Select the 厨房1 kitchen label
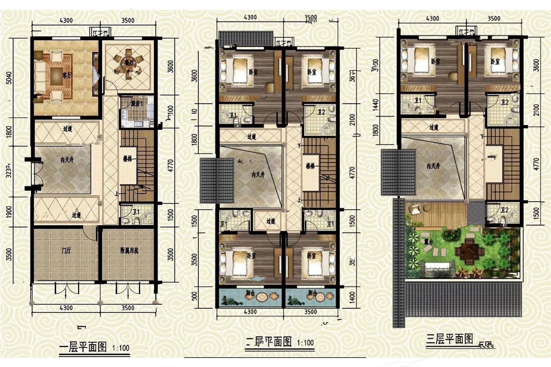(x=137, y=104)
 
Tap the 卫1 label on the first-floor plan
(x=137, y=211)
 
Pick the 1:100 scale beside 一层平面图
(x=120, y=348)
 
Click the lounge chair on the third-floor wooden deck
(x=415, y=210)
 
